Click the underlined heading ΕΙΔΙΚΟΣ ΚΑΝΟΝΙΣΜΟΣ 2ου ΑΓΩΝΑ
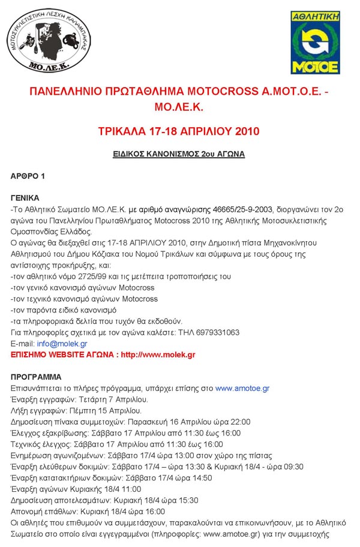179,154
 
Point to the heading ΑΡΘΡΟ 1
28,176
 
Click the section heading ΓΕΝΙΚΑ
25,198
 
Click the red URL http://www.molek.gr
158,354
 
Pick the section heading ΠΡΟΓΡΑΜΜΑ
37,377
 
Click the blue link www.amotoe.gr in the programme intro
240,389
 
